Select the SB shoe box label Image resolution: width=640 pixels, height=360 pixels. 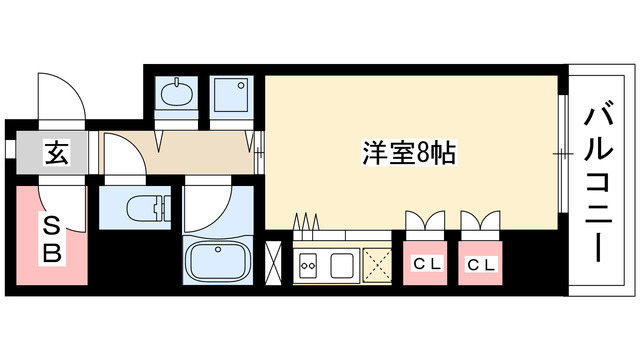point(50,240)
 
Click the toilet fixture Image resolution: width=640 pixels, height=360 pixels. point(144,210)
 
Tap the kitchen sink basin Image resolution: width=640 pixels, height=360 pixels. point(342,267)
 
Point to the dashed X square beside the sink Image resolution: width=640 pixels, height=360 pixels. point(378,267)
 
